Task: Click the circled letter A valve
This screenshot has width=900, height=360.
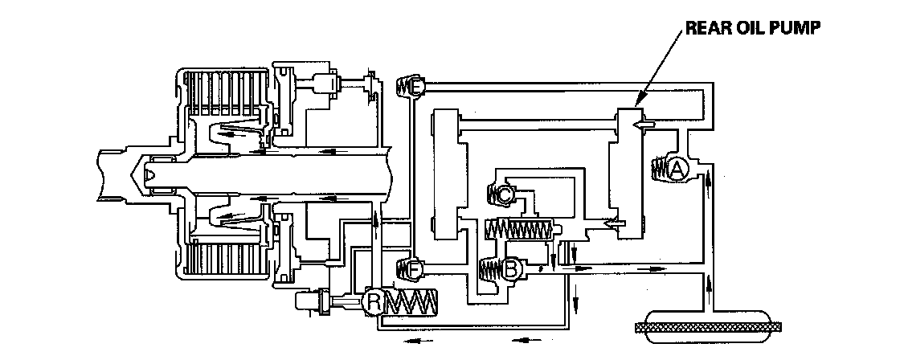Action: pyautogui.click(x=677, y=168)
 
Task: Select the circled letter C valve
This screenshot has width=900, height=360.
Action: pyautogui.click(x=504, y=194)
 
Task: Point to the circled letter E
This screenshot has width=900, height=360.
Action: pyautogui.click(x=415, y=86)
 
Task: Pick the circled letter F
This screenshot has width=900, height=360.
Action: pyautogui.click(x=415, y=268)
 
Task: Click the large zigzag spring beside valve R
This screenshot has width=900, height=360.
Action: pyautogui.click(x=412, y=302)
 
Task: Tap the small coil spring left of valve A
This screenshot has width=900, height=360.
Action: pyautogui.click(x=658, y=169)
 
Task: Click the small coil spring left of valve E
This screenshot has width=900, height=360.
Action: pyautogui.click(x=403, y=86)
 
